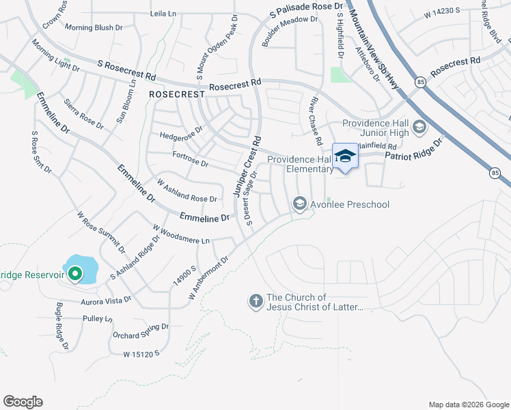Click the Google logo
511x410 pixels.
[x=23, y=402]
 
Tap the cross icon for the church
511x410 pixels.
[x=256, y=301]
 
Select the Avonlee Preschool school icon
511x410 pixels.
[x=299, y=204]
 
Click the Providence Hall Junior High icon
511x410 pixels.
[x=419, y=127]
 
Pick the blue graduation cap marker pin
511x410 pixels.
[x=345, y=156]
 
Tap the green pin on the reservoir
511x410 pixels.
[x=74, y=275]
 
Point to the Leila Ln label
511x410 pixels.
[x=163, y=14]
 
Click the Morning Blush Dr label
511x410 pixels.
[x=93, y=28]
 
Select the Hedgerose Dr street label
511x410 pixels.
[x=181, y=131]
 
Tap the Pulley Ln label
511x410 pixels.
[x=98, y=318]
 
